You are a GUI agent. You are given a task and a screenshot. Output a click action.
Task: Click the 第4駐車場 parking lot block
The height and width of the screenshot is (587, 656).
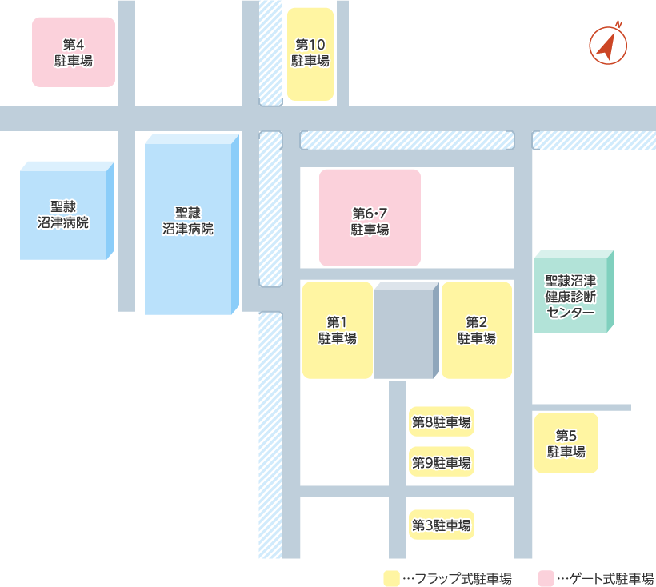[74, 52]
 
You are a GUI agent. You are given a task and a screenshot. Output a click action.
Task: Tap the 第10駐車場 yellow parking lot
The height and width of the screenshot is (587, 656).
[310, 54]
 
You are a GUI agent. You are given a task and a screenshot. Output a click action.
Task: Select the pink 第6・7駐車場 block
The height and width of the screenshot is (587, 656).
[370, 217]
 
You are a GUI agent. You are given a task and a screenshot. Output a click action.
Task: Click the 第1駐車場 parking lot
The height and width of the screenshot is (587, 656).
[337, 330]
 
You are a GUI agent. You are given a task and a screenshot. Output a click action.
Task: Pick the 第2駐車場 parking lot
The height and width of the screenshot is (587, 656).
[477, 330]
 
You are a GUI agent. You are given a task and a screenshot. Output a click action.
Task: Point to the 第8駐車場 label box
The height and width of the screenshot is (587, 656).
[441, 421]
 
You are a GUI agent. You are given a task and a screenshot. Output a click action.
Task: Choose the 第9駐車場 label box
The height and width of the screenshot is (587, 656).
[441, 462]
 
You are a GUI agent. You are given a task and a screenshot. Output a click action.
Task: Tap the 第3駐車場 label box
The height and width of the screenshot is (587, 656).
[441, 525]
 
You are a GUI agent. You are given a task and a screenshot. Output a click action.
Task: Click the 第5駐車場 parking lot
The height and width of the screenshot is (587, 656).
[566, 443]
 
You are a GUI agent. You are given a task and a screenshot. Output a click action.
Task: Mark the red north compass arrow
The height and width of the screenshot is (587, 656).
[608, 46]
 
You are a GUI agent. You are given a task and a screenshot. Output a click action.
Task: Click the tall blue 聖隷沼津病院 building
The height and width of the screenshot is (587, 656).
[192, 226]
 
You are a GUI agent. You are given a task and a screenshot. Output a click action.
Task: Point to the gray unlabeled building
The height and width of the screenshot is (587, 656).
[406, 332]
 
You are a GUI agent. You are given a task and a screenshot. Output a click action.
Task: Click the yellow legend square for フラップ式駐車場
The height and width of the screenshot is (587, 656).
[391, 578]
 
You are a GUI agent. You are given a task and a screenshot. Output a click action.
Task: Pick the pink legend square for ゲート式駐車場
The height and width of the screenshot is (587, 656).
[546, 578]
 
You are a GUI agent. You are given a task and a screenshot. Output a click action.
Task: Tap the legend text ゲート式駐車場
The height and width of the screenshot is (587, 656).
[606, 578]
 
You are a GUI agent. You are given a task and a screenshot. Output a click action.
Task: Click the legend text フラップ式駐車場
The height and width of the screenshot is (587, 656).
[458, 578]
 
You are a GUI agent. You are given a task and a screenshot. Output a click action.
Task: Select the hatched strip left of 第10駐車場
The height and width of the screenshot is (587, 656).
[271, 52]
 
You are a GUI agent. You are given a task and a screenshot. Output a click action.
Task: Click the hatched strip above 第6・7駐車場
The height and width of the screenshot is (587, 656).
[406, 140]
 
